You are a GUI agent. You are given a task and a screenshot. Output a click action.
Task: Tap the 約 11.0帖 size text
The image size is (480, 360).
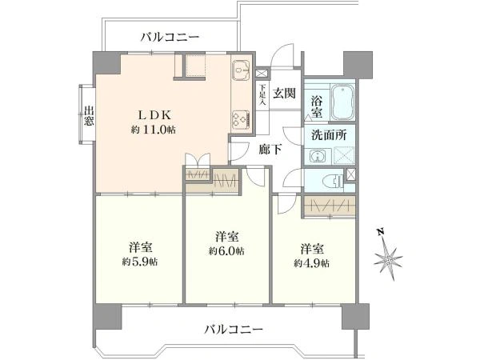pos(154,130)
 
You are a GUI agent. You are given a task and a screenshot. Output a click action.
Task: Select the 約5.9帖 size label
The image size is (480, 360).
pos(140,262)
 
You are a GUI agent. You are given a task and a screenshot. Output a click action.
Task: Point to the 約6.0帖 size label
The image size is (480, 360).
pos(226,251)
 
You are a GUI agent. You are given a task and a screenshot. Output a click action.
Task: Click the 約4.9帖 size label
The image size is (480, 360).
pos(312,262)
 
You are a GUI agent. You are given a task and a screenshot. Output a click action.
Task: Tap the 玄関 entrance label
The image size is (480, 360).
pos(284,94)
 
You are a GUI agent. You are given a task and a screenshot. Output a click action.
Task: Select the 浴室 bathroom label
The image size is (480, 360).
pos(317,106)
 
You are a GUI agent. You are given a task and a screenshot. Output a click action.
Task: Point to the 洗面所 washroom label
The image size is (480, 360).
pos(329,134)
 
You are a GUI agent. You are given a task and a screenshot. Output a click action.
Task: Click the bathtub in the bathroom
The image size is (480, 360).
pos(343,102)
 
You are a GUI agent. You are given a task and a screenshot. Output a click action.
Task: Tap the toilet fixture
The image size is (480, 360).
pos(334,181)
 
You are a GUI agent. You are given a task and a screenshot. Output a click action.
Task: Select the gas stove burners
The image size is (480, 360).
pos(242,119)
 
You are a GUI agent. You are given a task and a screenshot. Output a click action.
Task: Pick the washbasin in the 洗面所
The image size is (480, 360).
pos(317,156)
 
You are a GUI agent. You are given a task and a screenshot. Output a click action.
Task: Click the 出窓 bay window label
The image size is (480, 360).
pos(89,116)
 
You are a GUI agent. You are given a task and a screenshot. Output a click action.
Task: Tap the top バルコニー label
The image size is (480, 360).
pos(170,38)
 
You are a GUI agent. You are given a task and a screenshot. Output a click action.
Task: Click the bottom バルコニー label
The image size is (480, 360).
pos(234,330)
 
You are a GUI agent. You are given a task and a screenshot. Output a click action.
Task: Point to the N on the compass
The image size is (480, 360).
pos(381,232)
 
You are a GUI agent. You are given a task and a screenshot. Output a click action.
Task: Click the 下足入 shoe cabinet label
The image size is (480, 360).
pos(262,95)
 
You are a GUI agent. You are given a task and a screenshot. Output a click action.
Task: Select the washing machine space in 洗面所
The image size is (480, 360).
pos(344,155)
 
